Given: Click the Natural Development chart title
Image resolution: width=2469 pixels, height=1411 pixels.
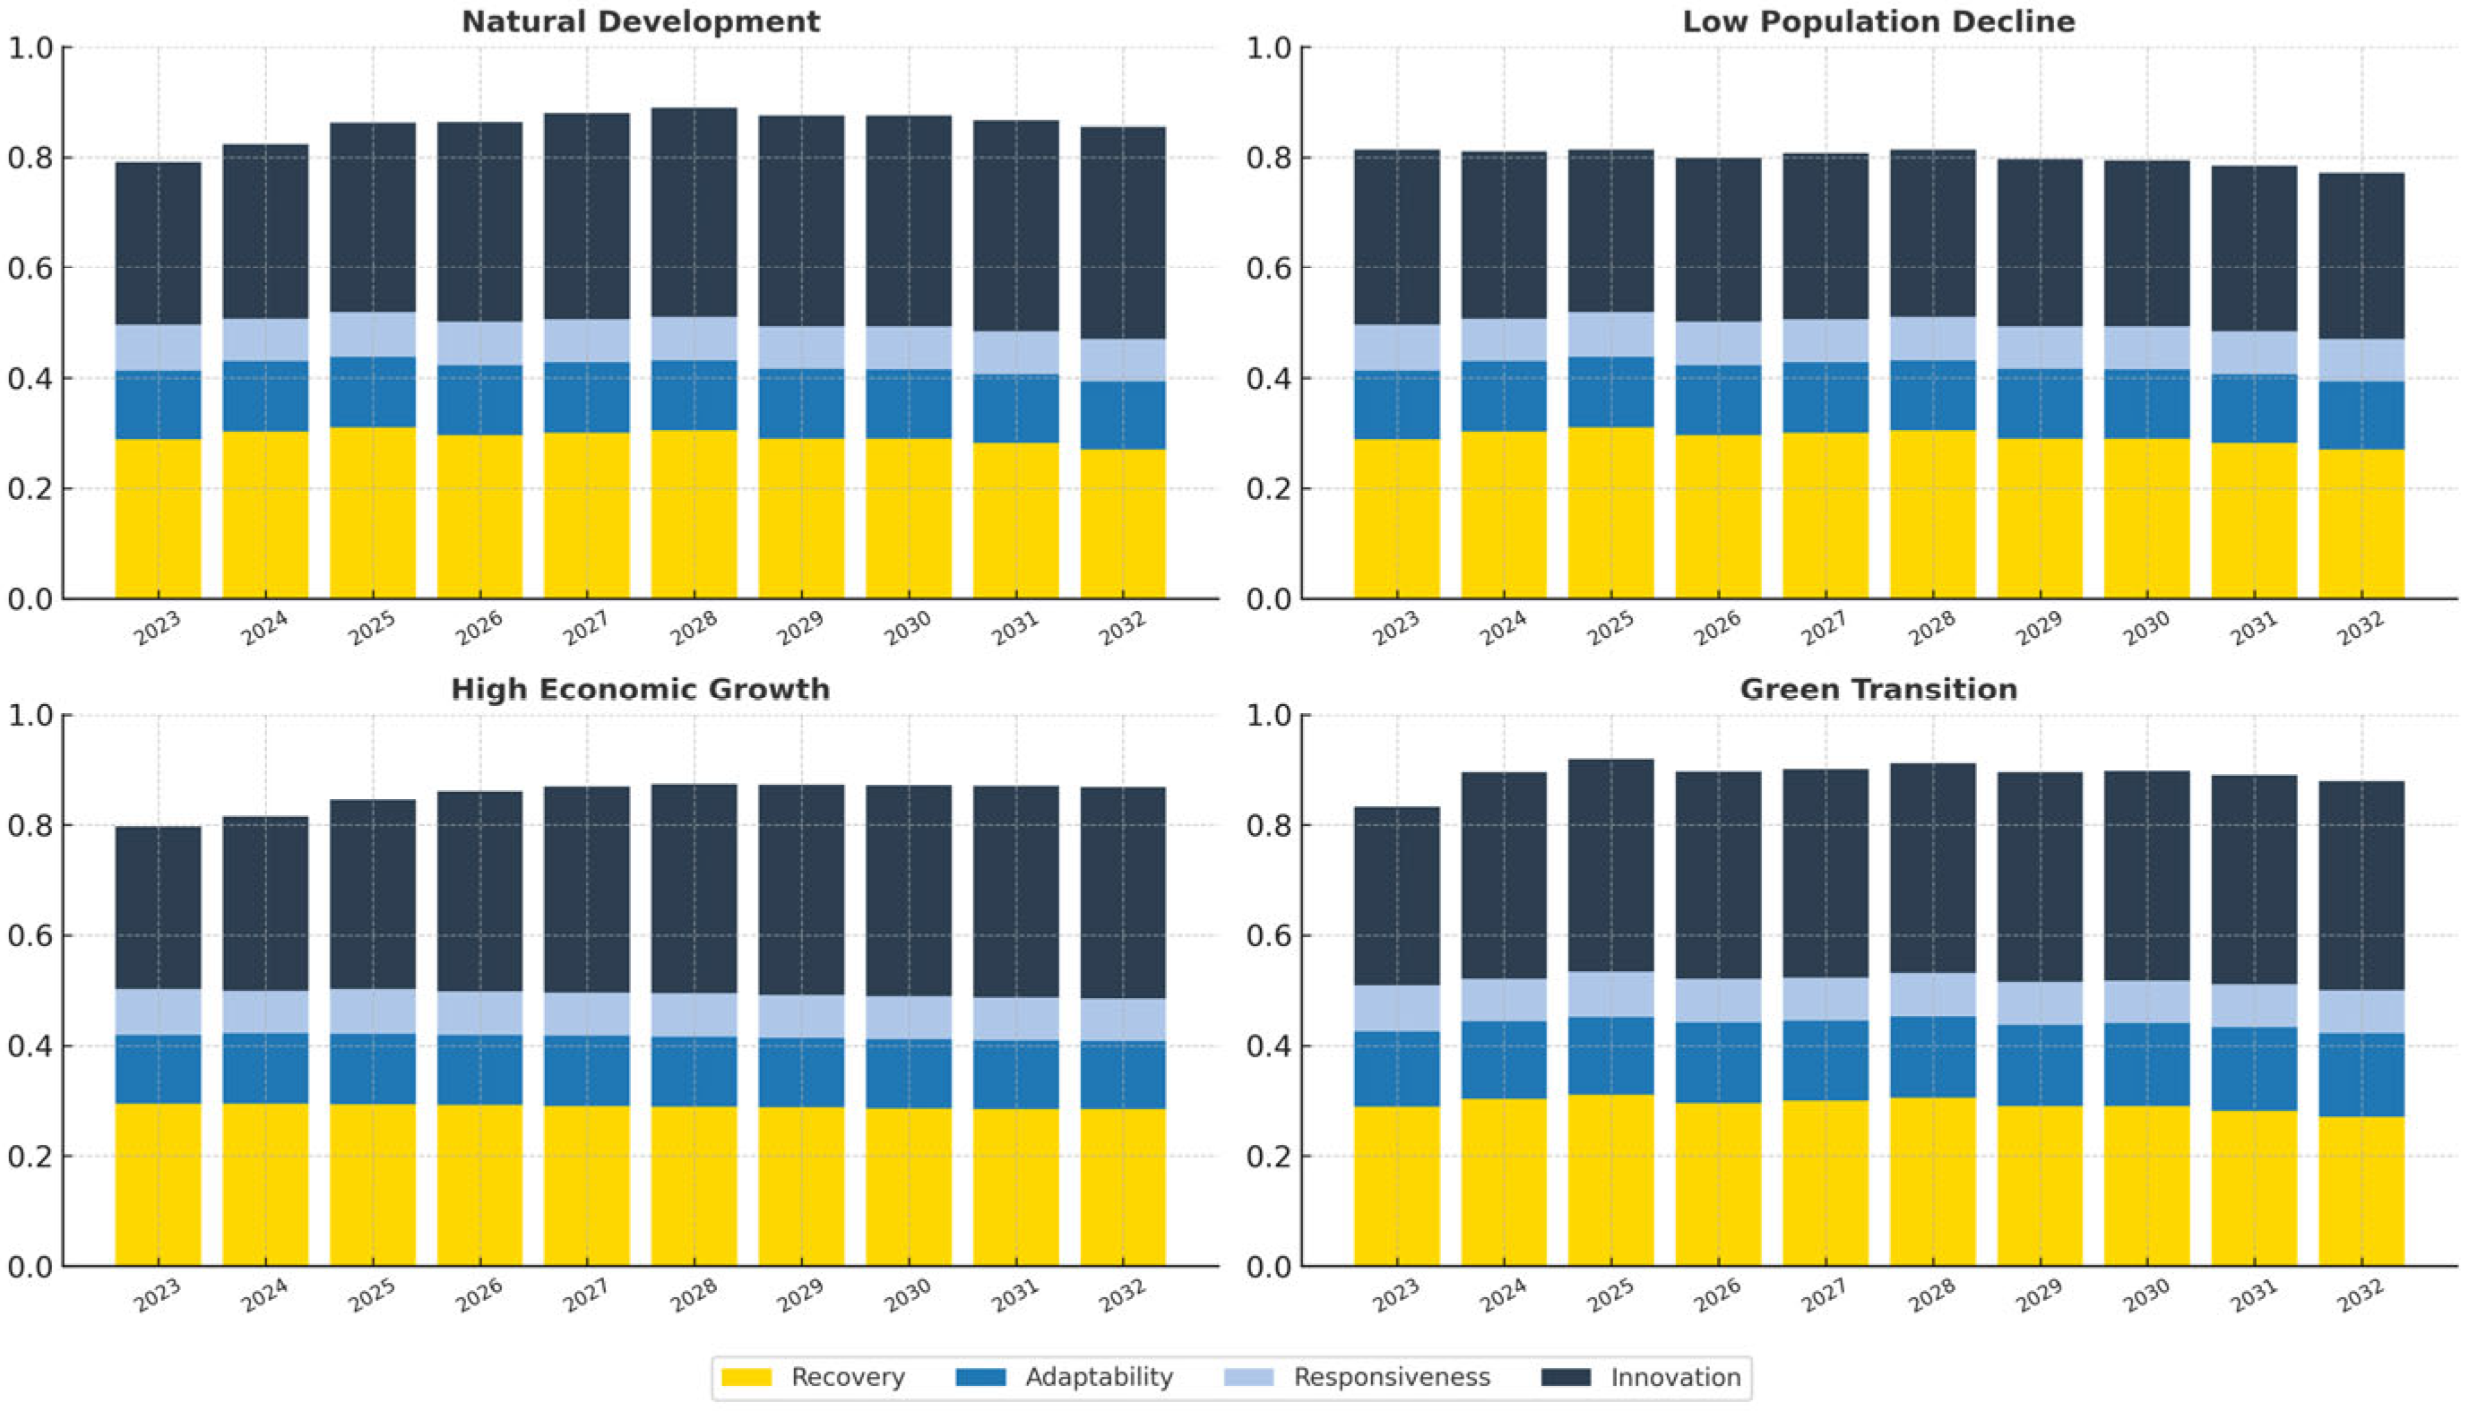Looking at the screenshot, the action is (641, 22).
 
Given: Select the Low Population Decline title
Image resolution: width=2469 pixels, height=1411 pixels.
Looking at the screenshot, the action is (1878, 22).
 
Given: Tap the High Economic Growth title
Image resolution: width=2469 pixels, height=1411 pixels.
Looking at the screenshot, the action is (641, 689).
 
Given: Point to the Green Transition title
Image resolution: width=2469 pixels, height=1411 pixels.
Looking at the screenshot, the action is (1878, 689).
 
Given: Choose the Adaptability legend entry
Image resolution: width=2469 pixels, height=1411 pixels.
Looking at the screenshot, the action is (1065, 1377).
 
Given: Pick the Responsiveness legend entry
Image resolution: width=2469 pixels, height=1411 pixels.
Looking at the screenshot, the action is (1357, 1377).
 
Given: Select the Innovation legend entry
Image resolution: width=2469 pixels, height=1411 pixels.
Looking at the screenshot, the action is (1641, 1377).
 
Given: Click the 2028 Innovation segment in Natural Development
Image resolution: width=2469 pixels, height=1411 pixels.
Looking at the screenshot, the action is (694, 212).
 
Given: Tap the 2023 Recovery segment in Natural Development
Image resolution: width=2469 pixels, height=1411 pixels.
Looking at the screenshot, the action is (158, 519).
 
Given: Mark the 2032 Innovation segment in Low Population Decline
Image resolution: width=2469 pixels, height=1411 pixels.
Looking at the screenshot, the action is (2361, 256).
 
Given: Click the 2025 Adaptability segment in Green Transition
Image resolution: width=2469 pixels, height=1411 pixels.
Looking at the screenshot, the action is (1611, 1055).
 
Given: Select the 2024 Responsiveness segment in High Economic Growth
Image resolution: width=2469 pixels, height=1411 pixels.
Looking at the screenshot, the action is (265, 1011).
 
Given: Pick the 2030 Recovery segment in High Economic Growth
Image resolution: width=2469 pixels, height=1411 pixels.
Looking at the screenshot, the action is (909, 1187).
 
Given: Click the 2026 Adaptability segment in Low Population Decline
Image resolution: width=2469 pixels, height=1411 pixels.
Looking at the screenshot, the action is (1719, 400).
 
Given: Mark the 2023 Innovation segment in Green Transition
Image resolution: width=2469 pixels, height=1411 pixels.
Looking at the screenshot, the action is (1397, 897).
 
